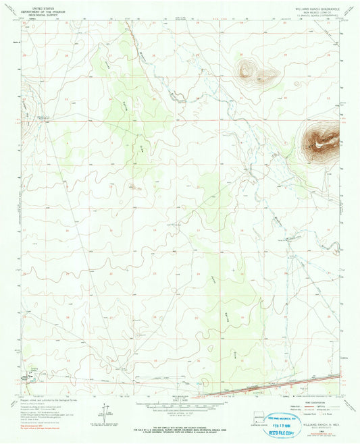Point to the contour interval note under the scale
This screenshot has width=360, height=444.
click(x=180, y=417)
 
